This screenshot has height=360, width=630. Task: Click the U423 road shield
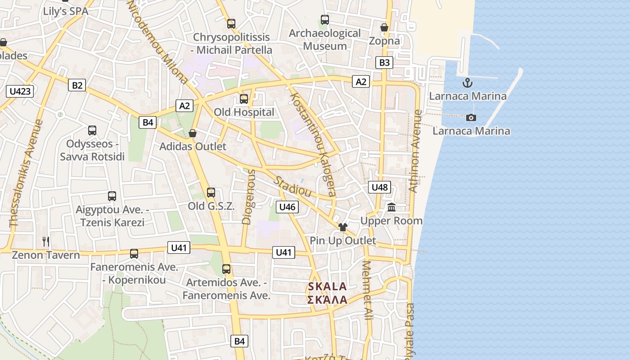coord(20,91)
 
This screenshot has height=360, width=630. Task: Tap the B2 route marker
coord(77,85)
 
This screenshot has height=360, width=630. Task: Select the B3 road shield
coord(384,62)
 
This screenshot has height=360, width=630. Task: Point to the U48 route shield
coord(380,187)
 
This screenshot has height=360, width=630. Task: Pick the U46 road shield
coord(287,207)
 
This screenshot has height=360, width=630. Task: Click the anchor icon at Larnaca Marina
coord(468,83)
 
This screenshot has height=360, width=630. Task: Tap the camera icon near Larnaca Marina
coord(471,117)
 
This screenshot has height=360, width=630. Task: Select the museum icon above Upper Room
coord(391,207)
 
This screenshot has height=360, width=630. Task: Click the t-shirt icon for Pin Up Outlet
coord(343,227)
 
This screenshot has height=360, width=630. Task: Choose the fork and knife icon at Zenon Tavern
coord(46,242)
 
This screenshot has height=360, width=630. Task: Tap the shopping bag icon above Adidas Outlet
coord(193,133)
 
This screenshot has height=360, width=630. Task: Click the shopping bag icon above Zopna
coord(384,28)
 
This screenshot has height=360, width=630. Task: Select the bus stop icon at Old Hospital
coord(244,99)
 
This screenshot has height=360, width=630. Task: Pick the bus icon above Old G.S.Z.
coord(211,193)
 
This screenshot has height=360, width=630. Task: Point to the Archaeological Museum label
coord(325,40)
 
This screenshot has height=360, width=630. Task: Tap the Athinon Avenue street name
coord(416,151)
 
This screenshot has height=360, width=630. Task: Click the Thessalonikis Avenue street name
coord(27,173)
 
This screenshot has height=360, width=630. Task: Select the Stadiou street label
coord(293,186)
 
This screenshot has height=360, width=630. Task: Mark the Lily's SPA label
coord(66,11)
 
